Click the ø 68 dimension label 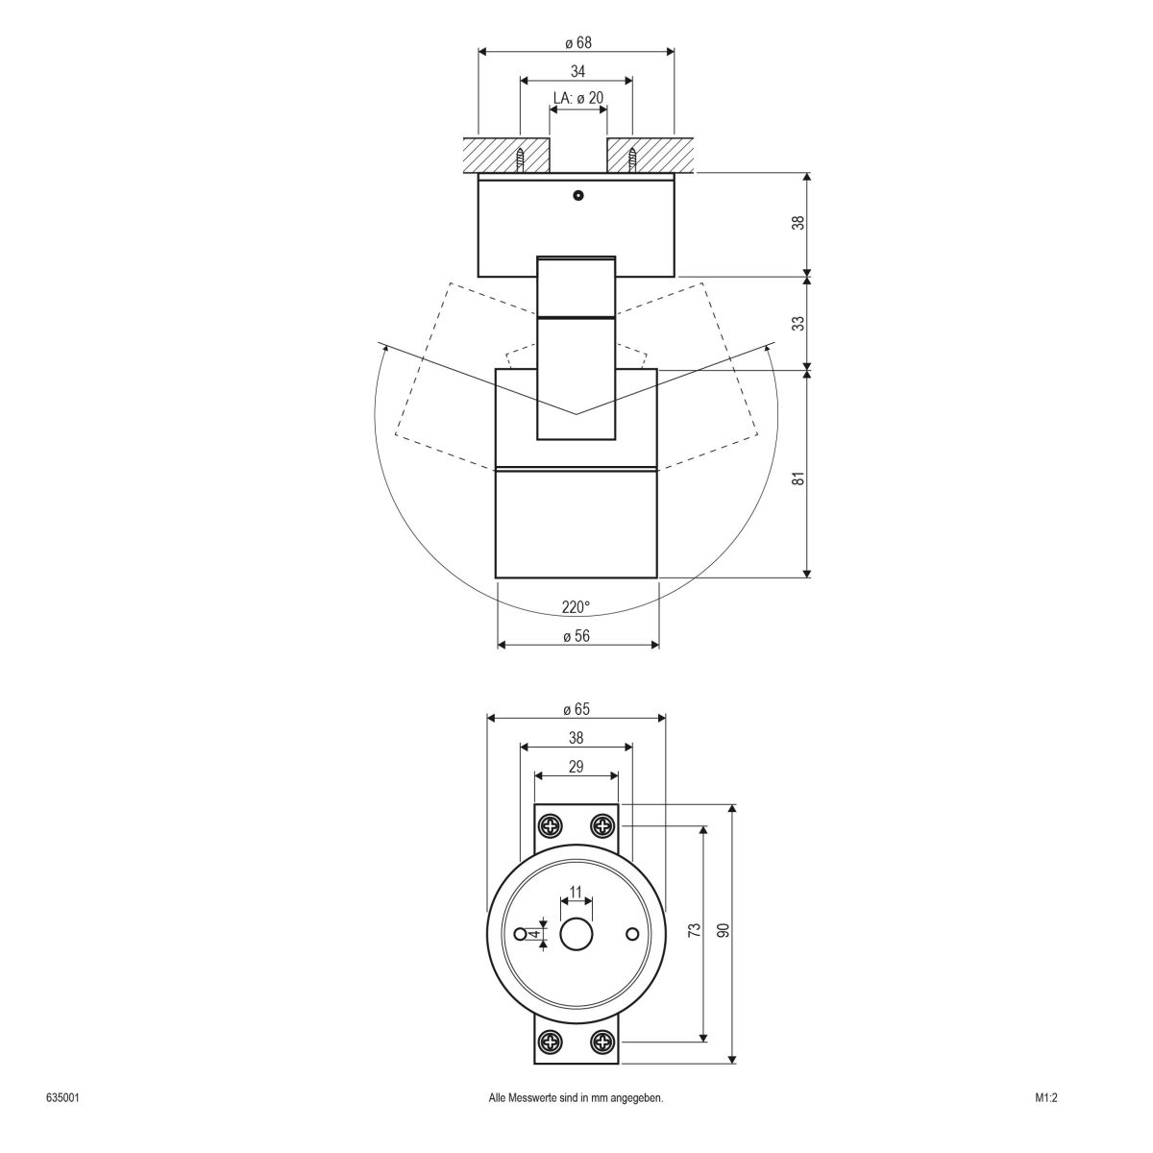pyautogui.click(x=577, y=43)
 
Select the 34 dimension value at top pyautogui.click(x=577, y=71)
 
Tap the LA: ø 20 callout pyautogui.click(x=578, y=98)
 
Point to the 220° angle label pyautogui.click(x=576, y=607)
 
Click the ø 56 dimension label pyautogui.click(x=576, y=635)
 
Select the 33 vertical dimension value pyautogui.click(x=797, y=323)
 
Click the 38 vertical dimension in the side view pyautogui.click(x=797, y=223)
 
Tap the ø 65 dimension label pyautogui.click(x=576, y=709)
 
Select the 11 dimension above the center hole pyautogui.click(x=576, y=893)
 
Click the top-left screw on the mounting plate pyautogui.click(x=551, y=825)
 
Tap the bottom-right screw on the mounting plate pyautogui.click(x=602, y=1041)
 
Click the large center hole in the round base pyautogui.click(x=576, y=933)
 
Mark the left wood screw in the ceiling pyautogui.click(x=521, y=159)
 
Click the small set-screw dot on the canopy pyautogui.click(x=577, y=196)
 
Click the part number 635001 pyautogui.click(x=61, y=1124)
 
